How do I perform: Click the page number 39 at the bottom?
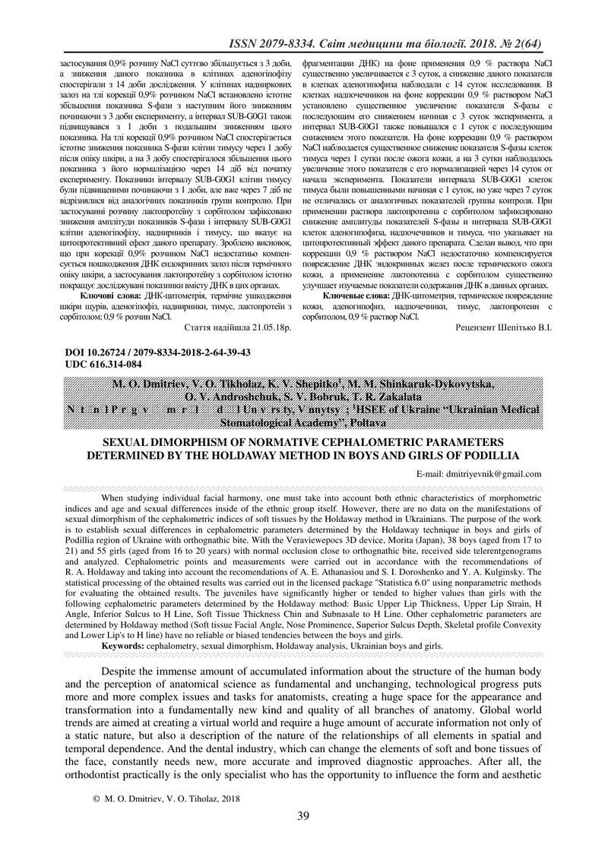(x=303, y=817)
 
